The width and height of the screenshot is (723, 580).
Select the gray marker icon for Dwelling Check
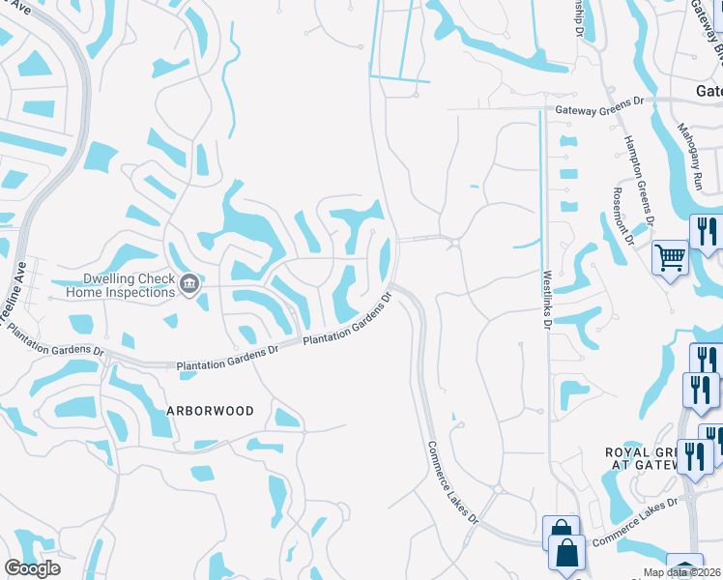pyautogui.click(x=189, y=284)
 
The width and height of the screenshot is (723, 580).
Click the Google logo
pyautogui.click(x=32, y=567)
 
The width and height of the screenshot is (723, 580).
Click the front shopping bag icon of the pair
pyautogui.click(x=567, y=553)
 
